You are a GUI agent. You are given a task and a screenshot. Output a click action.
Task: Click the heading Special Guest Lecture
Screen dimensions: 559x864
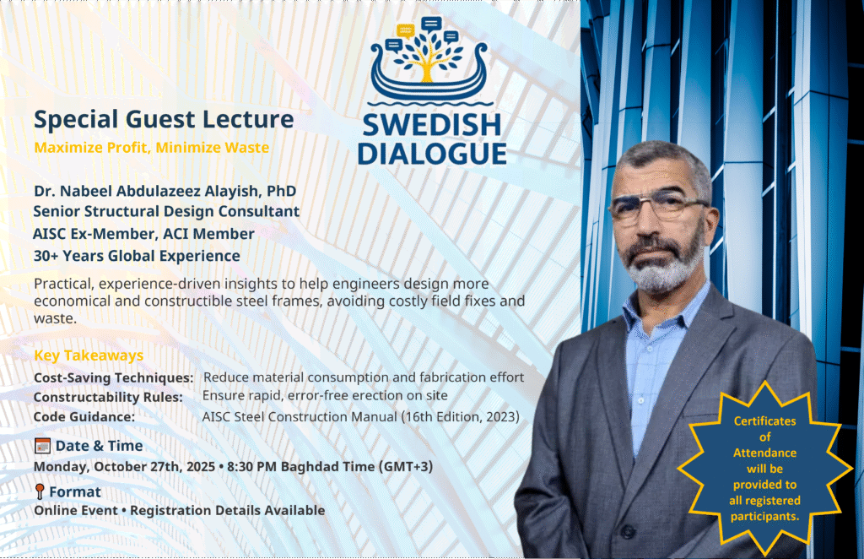click(164, 120)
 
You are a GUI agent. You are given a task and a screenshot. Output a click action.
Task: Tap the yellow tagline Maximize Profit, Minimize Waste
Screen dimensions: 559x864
click(152, 148)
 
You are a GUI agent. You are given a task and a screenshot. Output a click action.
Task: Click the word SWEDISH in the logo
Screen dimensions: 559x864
click(431, 126)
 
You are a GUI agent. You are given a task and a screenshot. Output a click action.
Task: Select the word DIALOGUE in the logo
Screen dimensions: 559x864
click(431, 154)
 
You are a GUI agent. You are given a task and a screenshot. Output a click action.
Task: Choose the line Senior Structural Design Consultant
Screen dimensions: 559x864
click(166, 212)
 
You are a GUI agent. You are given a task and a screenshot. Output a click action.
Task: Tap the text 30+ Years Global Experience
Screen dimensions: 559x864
click(137, 256)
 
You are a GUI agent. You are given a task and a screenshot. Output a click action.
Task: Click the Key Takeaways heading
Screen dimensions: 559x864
click(89, 355)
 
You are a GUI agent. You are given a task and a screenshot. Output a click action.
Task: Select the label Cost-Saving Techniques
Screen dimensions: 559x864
click(113, 377)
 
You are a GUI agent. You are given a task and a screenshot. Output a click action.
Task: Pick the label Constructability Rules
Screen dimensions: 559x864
click(108, 396)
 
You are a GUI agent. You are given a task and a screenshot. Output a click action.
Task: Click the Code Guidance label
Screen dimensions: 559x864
click(84, 416)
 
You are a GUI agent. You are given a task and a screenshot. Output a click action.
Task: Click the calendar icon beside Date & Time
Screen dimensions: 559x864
click(42, 446)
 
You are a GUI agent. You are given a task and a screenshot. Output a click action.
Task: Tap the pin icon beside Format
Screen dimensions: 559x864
click(40, 491)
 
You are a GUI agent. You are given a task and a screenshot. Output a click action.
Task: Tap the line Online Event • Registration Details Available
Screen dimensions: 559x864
click(179, 510)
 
